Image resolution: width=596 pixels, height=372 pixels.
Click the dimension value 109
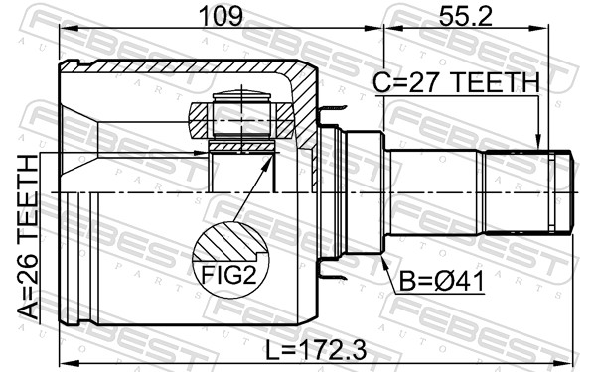pyautogui.click(x=221, y=16)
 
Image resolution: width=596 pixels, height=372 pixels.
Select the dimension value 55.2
pyautogui.click(x=465, y=16)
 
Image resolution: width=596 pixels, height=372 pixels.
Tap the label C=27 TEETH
pyautogui.click(x=456, y=82)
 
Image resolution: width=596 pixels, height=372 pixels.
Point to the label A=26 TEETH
pyautogui.click(x=28, y=237)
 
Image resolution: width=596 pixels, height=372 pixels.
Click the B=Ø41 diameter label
pyautogui.click(x=442, y=282)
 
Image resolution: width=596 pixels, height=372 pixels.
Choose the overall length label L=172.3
pyautogui.click(x=316, y=350)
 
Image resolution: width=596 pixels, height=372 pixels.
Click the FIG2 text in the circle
pyautogui.click(x=228, y=275)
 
